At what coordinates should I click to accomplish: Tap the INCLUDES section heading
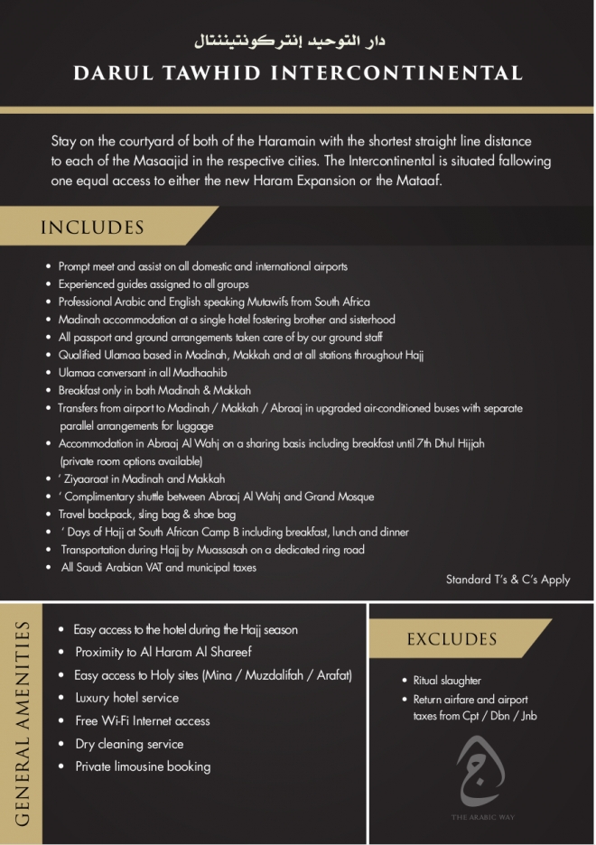pyautogui.click(x=92, y=227)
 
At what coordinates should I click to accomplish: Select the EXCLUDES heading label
pyautogui.click(x=452, y=639)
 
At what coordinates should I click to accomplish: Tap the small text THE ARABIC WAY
pyautogui.click(x=485, y=817)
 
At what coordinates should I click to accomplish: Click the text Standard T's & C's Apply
pyautogui.click(x=508, y=580)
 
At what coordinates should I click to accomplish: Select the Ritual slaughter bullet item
pyautogui.click(x=447, y=681)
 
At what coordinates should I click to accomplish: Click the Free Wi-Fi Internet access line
pyautogui.click(x=143, y=720)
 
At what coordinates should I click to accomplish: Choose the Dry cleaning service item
pyautogui.click(x=129, y=744)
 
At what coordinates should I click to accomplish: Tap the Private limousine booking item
pyautogui.click(x=143, y=766)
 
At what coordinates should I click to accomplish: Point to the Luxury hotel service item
pyautogui.click(x=126, y=698)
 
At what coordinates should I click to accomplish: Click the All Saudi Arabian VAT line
pyautogui.click(x=158, y=567)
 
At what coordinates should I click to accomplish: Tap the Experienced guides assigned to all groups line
pyautogui.click(x=154, y=284)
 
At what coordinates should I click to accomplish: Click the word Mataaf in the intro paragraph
pyautogui.click(x=416, y=181)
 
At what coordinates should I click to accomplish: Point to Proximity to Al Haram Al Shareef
pyautogui.click(x=163, y=652)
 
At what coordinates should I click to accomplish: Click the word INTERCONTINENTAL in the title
pyautogui.click(x=388, y=73)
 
